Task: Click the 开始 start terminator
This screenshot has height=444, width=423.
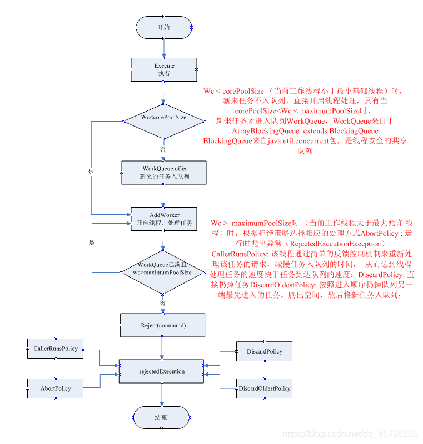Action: tap(164, 27)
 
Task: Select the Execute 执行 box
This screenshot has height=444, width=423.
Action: tap(164, 70)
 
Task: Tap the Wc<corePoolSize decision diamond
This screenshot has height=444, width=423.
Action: tap(163, 118)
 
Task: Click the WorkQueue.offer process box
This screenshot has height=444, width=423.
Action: tap(164, 173)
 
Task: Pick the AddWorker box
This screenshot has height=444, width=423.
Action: tap(164, 219)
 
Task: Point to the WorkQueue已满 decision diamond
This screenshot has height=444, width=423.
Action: tap(163, 269)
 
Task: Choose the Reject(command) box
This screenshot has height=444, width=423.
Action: tap(162, 325)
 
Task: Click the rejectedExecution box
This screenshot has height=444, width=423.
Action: tap(162, 371)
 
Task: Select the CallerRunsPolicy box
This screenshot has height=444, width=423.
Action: tap(56, 349)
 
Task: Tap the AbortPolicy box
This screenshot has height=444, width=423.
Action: tap(56, 389)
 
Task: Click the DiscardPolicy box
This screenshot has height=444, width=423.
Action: tap(264, 352)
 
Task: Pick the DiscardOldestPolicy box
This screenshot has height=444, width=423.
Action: tap(264, 389)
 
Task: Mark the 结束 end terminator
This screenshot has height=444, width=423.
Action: tap(162, 417)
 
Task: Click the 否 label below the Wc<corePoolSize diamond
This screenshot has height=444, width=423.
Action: tap(163, 149)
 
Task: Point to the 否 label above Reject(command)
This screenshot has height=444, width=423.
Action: tap(163, 304)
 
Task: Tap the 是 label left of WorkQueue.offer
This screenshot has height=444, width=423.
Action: tap(91, 172)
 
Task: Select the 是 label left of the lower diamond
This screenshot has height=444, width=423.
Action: tap(92, 243)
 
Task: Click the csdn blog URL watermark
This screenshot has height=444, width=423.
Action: tap(350, 433)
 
